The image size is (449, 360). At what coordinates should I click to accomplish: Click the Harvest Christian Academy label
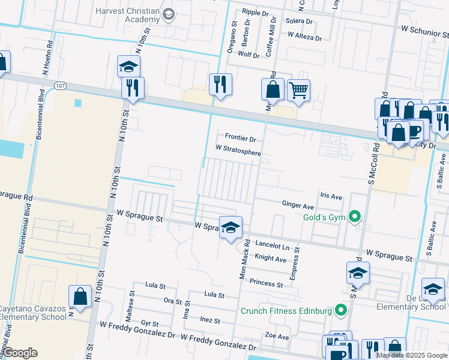(128, 14)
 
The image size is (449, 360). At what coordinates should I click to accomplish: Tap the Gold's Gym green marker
(355, 217)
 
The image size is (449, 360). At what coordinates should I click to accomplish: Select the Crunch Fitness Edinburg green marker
(341, 311)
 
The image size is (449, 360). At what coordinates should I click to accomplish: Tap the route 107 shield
(59, 86)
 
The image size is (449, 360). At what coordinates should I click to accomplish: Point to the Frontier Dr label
(240, 139)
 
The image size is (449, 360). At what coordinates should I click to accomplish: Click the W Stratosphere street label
(238, 150)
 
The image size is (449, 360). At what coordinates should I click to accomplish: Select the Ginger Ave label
(298, 205)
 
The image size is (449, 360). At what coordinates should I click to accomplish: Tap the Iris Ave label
(331, 196)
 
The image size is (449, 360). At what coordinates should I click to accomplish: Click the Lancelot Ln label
(272, 246)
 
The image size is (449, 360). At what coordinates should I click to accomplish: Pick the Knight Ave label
(270, 259)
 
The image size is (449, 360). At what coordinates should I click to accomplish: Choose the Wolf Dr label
(249, 55)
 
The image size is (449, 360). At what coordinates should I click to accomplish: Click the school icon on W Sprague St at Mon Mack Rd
(231, 227)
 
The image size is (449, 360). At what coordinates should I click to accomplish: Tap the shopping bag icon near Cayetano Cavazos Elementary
(80, 296)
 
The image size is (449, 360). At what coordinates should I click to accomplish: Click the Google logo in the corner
(21, 353)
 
